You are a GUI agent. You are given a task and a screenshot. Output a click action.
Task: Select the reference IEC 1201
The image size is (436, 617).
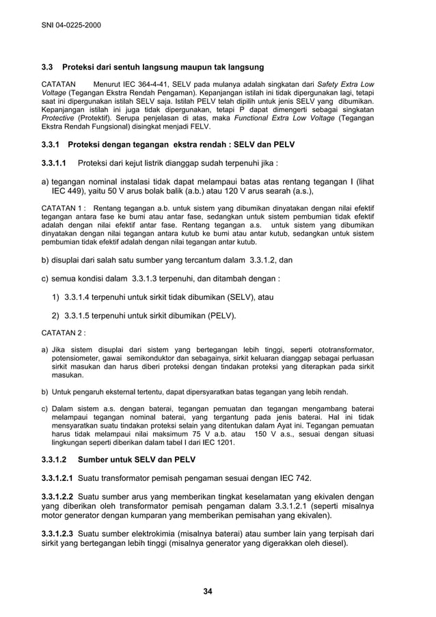218,441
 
